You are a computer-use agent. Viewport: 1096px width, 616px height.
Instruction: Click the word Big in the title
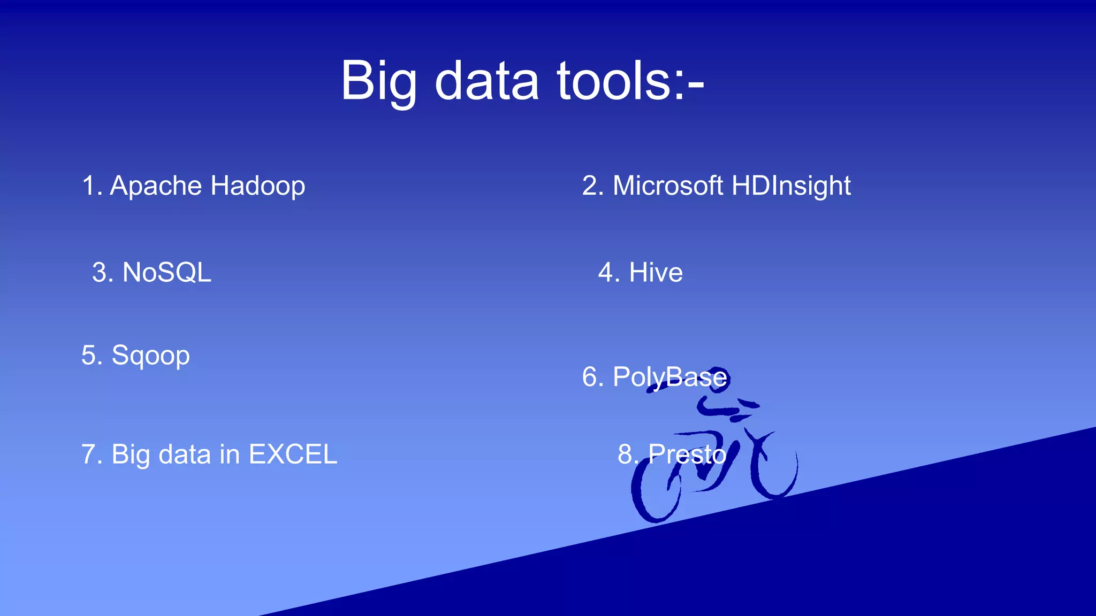pos(378,81)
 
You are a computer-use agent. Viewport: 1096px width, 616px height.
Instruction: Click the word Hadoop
pos(258,186)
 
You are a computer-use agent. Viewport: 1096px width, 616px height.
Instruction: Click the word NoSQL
pos(167,272)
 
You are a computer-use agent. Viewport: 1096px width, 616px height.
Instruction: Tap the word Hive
pos(656,272)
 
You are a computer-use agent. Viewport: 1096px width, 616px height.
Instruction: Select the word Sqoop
pos(150,356)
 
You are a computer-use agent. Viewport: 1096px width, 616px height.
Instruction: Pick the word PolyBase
pos(670,377)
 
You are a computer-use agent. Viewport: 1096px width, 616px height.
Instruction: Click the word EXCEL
pos(293,455)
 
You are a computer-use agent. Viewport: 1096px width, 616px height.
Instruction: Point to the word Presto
pos(687,454)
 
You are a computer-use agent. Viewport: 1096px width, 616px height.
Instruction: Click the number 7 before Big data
pos(88,455)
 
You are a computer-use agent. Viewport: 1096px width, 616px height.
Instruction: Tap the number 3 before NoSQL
pos(100,272)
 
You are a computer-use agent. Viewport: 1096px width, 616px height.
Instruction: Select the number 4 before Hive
pos(606,272)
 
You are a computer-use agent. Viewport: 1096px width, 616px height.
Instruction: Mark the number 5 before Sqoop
pos(89,356)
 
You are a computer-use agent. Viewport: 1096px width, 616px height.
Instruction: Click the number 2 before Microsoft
pos(589,186)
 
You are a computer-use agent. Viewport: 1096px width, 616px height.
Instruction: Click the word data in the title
pos(486,81)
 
